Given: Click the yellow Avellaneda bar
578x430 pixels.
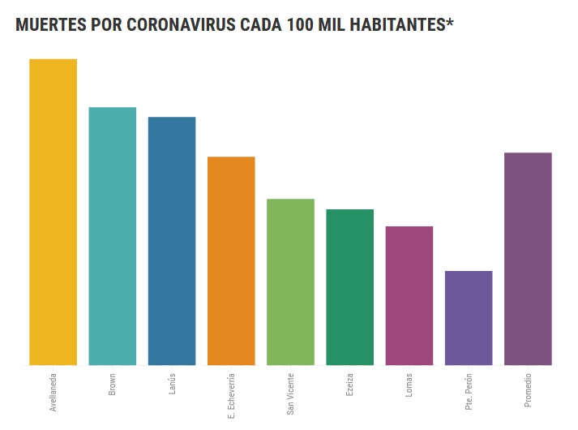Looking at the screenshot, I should [x=53, y=212].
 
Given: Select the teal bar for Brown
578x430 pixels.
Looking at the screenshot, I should [x=112, y=236].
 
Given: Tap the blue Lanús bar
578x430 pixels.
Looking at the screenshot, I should [x=172, y=241].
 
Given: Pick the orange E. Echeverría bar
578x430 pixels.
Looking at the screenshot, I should [x=231, y=260].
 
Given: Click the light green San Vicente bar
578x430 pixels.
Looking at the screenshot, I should [x=290, y=282].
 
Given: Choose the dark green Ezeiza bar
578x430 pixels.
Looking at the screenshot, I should [x=349, y=287].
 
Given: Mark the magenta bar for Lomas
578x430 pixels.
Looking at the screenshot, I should [x=409, y=295].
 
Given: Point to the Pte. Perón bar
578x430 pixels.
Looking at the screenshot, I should [x=469, y=318].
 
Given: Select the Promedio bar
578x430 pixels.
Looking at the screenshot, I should [x=528, y=259].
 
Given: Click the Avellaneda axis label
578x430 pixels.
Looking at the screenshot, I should [x=54, y=393].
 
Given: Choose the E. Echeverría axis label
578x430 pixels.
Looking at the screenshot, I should [x=231, y=395].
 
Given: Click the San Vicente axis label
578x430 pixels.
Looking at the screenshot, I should [x=290, y=393].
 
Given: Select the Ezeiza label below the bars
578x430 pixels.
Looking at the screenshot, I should [x=349, y=385].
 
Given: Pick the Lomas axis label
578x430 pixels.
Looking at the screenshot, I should [x=409, y=385].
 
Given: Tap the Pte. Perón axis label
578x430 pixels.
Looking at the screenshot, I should [x=469, y=391].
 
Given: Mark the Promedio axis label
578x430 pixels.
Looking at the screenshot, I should [x=528, y=389].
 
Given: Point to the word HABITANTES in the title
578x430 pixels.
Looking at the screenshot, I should [x=396, y=25].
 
